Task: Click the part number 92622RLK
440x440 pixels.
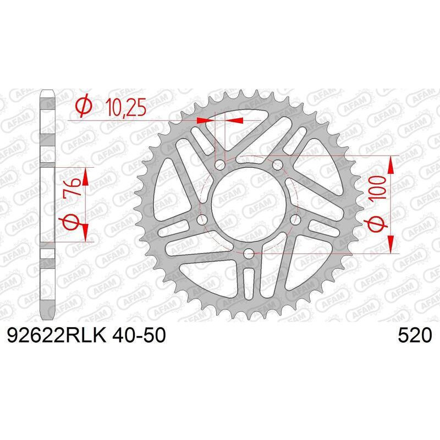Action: click(57, 335)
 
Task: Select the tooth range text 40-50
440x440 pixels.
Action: click(139, 335)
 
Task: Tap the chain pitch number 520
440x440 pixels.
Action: click(415, 335)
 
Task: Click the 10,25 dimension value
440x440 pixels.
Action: click(126, 108)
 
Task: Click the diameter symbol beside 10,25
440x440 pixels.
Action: click(84, 105)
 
